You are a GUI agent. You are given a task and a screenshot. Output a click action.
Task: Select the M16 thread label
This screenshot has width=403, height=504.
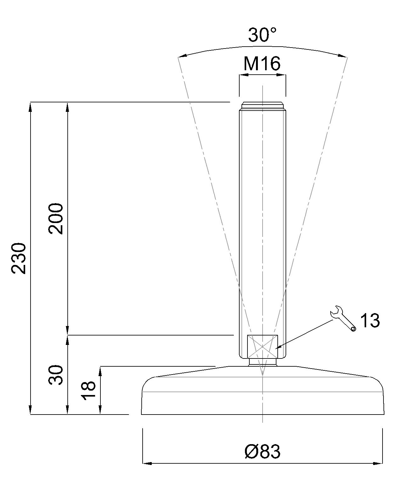pyautogui.click(x=262, y=63)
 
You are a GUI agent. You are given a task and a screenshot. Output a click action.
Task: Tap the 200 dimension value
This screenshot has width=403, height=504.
pyautogui.click(x=56, y=219)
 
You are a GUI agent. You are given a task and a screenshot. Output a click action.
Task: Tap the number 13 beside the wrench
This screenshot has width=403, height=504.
pyautogui.click(x=370, y=320)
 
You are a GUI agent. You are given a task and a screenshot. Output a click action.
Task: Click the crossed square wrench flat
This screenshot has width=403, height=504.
pyautogui.click(x=263, y=346)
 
